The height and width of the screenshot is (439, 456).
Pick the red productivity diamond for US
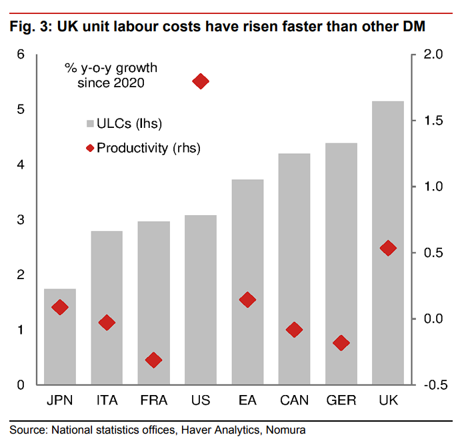point(201,81)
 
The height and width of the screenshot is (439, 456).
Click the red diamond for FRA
point(153,360)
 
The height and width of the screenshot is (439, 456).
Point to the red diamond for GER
point(341,343)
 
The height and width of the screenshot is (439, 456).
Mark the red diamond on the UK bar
point(387,248)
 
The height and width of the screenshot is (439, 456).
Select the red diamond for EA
point(247,300)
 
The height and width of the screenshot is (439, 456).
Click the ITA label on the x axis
point(107,401)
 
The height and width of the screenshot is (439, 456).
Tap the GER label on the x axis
point(341,401)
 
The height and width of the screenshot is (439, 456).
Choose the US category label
point(200,401)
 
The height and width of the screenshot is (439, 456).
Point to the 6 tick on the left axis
point(21,55)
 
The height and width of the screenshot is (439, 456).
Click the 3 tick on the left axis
point(21,220)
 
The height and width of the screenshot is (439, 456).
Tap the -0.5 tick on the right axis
point(431,385)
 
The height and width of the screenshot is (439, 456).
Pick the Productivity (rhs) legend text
point(149,147)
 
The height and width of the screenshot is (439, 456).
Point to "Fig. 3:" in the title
point(30,27)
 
